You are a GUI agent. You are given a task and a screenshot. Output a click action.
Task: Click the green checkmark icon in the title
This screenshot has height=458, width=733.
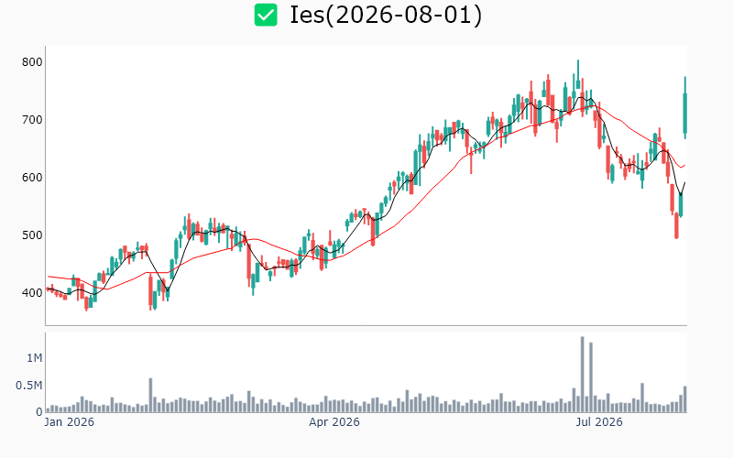point(266,15)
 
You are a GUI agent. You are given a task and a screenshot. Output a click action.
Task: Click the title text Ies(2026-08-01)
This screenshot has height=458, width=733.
point(386,15)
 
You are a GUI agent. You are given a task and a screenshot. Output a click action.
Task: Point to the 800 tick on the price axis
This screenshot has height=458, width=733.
point(32,62)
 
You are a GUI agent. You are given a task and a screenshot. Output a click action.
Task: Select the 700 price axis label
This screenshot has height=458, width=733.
point(32,120)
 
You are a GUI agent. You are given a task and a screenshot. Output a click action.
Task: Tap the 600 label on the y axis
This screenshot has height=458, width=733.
point(32,178)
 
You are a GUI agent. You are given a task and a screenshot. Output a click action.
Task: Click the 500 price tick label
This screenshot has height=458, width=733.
point(32,235)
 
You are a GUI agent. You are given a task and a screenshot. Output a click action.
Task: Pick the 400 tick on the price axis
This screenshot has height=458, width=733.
point(32,292)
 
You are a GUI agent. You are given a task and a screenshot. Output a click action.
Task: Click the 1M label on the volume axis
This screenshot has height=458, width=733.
point(35,358)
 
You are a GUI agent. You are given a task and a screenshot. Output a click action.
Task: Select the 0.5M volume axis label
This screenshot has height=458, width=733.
point(29,386)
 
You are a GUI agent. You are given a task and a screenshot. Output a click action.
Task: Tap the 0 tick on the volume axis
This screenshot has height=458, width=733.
point(39,412)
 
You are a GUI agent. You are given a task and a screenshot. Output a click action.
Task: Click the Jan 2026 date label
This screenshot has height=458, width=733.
point(70,422)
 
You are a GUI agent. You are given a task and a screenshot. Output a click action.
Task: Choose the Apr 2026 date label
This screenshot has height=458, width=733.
point(334,422)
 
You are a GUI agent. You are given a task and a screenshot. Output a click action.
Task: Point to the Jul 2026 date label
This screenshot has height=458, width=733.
point(599,422)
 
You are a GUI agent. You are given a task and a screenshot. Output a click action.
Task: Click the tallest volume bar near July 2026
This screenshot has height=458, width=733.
point(583,375)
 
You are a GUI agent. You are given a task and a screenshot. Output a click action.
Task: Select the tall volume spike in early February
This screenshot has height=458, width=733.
point(150,396)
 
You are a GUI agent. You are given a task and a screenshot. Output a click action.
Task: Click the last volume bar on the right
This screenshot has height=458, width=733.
point(684,399)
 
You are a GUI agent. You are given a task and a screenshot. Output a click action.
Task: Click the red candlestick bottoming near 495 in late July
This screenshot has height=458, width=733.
point(676,225)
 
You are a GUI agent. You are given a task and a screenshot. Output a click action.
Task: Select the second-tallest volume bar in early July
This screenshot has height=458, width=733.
point(591,377)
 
